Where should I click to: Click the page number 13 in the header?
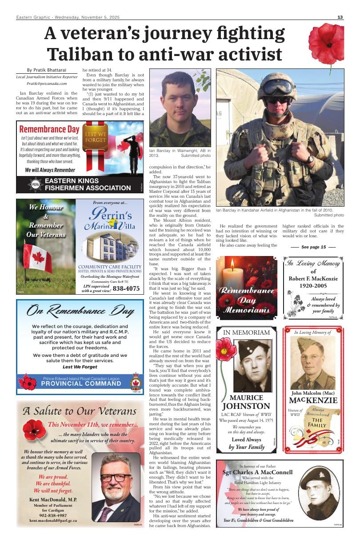pos(340,17)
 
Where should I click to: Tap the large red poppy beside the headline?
pos(326,44)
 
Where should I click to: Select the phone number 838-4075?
pos(126,288)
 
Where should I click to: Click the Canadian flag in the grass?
pos(37,258)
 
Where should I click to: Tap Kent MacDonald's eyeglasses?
pos(116,478)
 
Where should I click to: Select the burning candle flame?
pos(232,265)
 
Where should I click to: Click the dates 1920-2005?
pos(313,286)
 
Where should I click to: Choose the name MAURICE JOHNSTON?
pos(246,402)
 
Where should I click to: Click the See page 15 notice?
pos(313,247)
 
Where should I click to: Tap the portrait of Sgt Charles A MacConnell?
pos(319,492)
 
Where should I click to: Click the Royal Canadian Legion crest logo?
pos(135,381)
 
